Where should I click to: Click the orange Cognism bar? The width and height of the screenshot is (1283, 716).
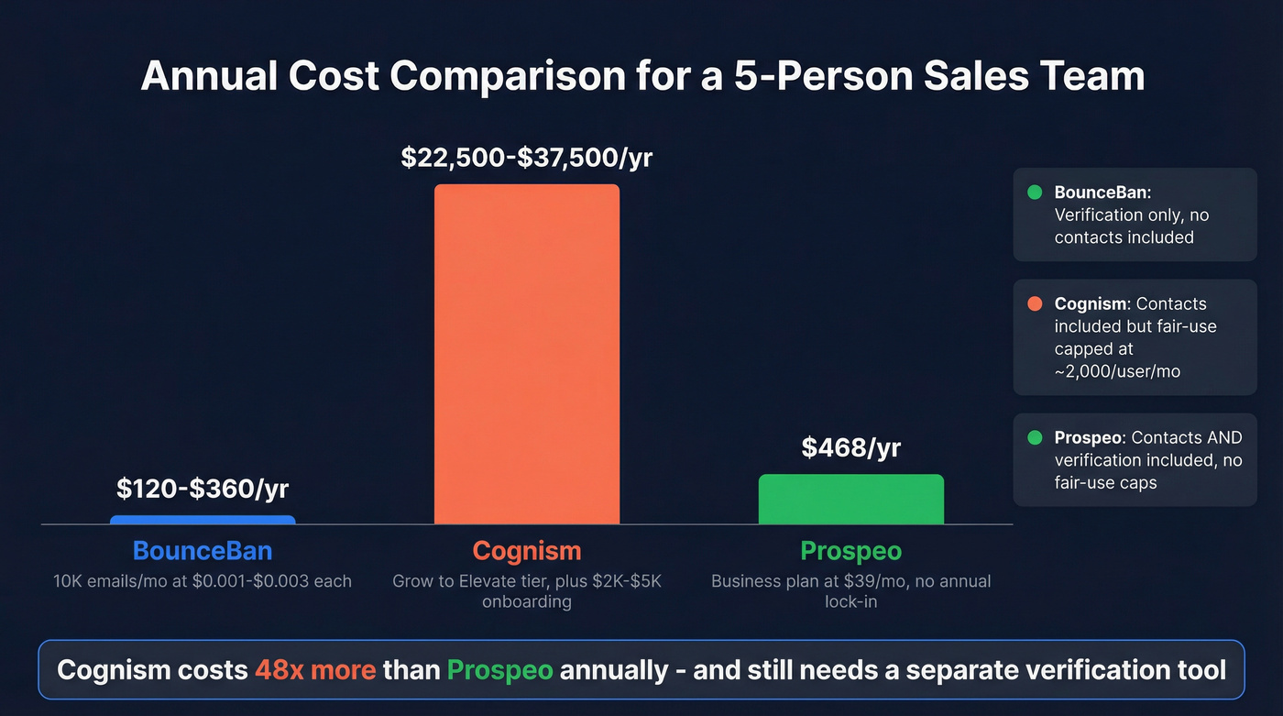click(527, 354)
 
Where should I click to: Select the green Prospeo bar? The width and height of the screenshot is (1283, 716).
click(850, 500)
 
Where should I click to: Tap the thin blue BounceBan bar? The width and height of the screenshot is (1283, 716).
click(203, 520)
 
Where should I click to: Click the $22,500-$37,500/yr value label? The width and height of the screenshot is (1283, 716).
click(527, 158)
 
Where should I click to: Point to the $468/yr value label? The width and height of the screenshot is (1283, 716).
click(850, 447)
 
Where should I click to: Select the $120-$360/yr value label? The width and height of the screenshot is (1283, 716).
click(203, 489)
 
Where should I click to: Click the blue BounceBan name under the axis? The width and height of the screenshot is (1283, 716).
click(203, 551)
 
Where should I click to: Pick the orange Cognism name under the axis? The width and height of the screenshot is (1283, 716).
click(527, 551)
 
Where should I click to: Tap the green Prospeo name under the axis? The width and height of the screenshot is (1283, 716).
click(850, 551)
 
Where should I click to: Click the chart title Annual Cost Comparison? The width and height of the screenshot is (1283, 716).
click(641, 76)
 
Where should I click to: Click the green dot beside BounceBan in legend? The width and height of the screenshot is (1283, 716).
click(1035, 193)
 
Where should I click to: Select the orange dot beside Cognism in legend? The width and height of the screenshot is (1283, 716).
click(1035, 303)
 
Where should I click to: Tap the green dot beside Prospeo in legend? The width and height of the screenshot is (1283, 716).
click(1035, 438)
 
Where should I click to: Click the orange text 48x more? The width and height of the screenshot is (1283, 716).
click(315, 669)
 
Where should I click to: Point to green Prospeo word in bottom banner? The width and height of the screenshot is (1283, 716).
click(499, 669)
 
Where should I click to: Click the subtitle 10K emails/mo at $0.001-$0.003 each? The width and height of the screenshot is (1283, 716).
click(203, 581)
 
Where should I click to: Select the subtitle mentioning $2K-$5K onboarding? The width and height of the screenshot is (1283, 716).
click(527, 591)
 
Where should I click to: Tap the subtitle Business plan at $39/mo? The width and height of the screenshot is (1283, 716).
click(850, 591)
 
